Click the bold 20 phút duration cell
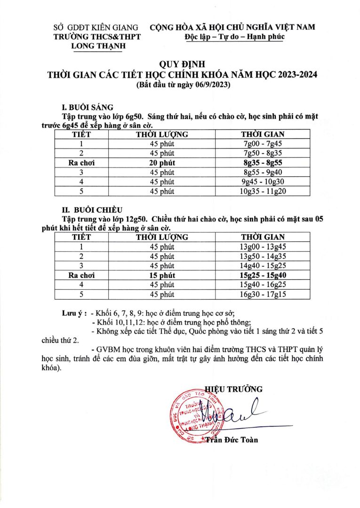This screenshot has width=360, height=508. click(162, 163)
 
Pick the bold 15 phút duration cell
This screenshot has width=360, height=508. click(162, 275)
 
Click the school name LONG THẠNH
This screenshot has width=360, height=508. click(96, 46)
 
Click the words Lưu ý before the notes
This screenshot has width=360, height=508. click(72, 313)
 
